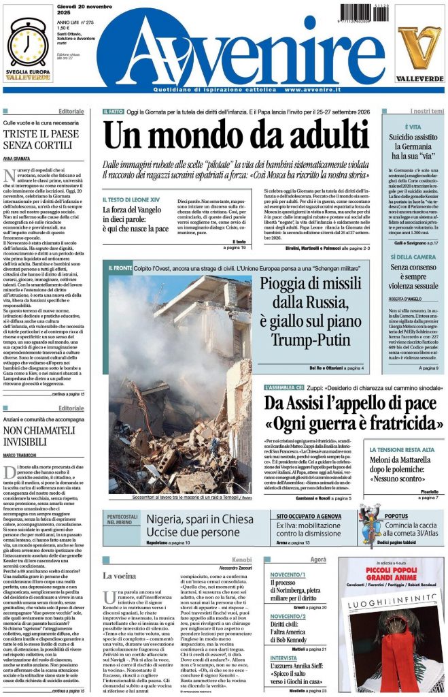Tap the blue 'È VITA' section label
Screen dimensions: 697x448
[x=413, y=127]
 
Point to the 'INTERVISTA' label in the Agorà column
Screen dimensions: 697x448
[x=283, y=658]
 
